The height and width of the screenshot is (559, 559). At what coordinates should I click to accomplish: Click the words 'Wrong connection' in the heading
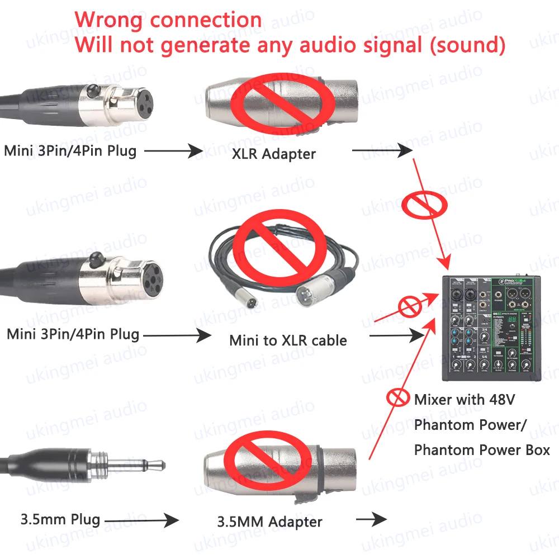pos(168,20)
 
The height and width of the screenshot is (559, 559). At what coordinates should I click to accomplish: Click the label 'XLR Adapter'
pos(274,153)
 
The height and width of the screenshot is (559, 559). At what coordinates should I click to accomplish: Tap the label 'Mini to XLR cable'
pos(288,340)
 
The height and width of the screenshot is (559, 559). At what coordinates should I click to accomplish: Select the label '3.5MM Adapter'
pos(269,522)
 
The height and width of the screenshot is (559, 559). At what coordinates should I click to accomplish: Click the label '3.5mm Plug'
pos(60,519)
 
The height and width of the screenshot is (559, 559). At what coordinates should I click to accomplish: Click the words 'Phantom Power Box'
pos(482,449)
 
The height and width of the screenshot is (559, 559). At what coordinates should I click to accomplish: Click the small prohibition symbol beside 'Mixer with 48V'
pos(397,398)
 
